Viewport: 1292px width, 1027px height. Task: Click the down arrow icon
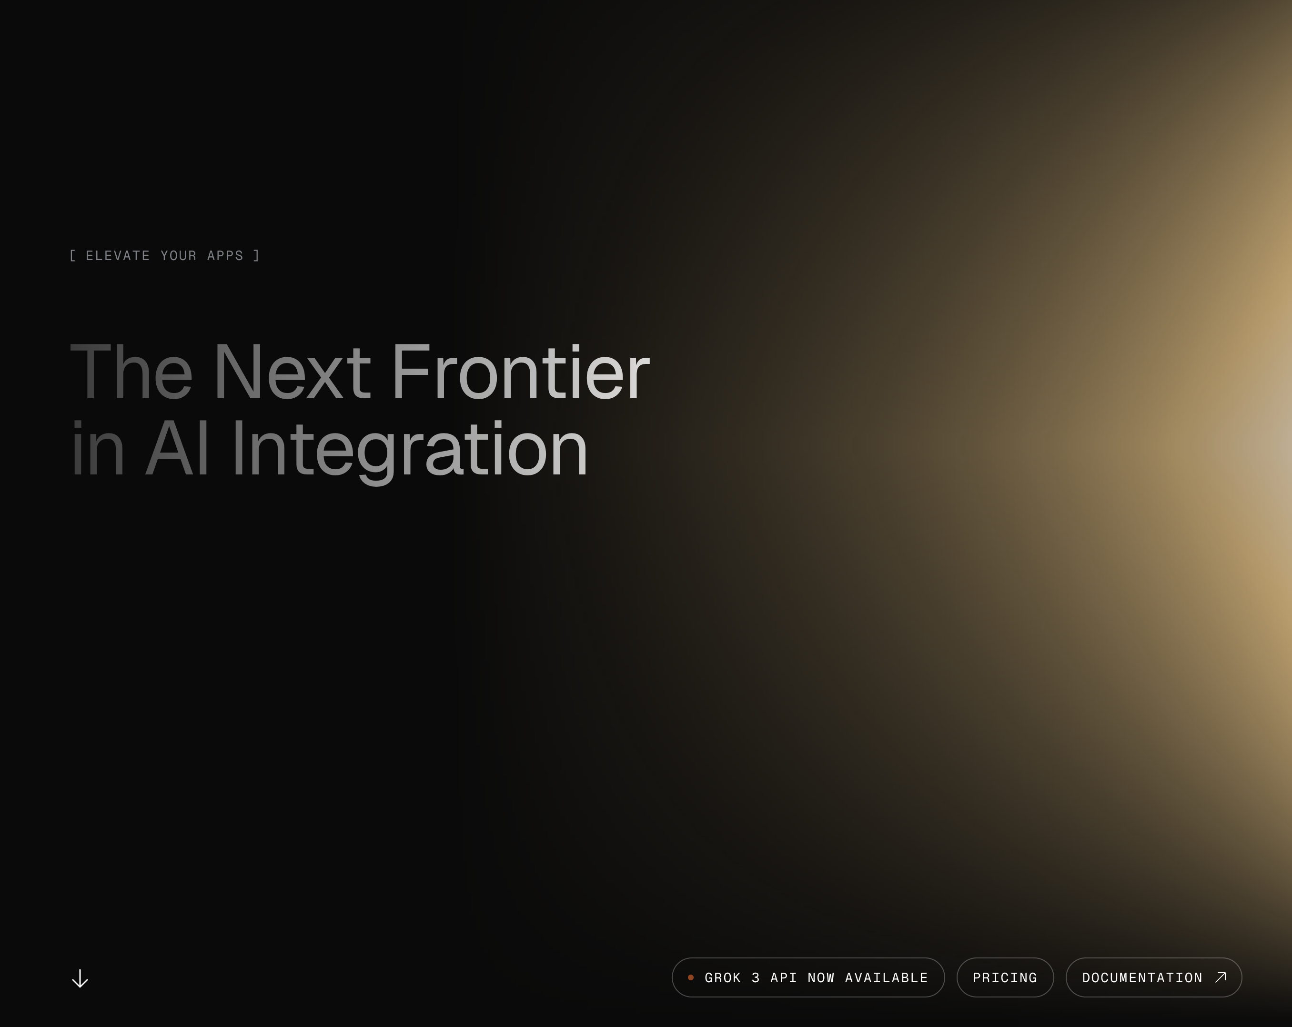click(x=80, y=978)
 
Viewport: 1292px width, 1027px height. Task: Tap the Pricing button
click(x=1005, y=977)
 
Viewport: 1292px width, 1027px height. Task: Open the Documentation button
click(x=1153, y=977)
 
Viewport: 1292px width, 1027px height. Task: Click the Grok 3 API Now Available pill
click(x=808, y=977)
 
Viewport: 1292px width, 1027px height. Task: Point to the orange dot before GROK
click(x=690, y=977)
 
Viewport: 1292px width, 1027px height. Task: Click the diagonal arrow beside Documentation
click(x=1221, y=977)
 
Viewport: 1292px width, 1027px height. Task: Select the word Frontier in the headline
click(x=521, y=372)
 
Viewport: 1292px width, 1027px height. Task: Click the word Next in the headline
click(x=293, y=372)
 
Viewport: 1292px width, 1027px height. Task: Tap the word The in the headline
click(x=131, y=372)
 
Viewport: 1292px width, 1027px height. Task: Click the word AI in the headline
click(x=177, y=448)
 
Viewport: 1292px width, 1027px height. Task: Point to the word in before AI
click(x=98, y=448)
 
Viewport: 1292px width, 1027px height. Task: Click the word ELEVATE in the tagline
click(x=118, y=256)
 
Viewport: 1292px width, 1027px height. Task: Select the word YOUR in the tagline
click(x=179, y=256)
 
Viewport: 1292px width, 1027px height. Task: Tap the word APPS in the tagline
click(x=225, y=256)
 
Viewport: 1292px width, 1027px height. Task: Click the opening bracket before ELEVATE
click(x=72, y=256)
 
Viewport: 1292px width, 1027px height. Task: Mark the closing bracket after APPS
click(x=256, y=256)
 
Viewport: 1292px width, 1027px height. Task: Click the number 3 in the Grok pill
click(x=756, y=978)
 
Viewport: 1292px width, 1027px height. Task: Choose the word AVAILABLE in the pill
click(x=886, y=978)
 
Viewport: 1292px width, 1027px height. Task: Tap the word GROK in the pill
click(x=723, y=978)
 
